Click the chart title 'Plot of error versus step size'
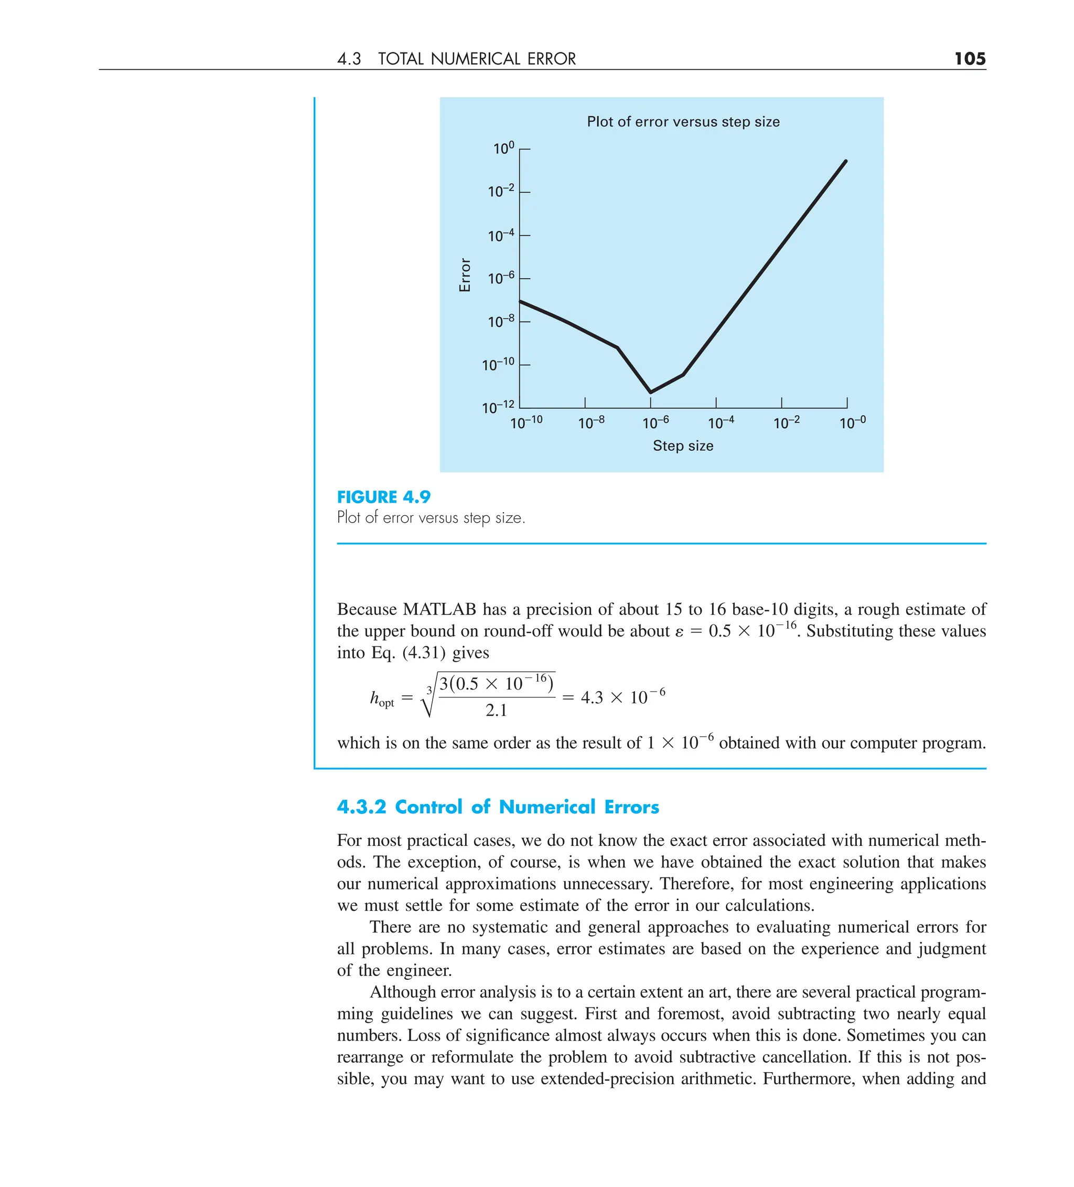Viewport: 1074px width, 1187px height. (x=683, y=122)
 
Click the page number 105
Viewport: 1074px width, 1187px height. (x=969, y=59)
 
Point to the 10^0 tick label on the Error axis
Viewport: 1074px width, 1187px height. (x=503, y=149)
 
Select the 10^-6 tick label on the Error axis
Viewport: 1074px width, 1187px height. (x=501, y=278)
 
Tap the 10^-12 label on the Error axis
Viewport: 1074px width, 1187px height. (x=498, y=407)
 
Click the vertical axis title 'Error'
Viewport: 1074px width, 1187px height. (x=465, y=275)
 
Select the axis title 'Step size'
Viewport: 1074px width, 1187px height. (x=683, y=446)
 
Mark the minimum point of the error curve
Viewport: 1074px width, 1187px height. (x=650, y=392)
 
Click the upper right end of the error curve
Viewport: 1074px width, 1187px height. (x=846, y=161)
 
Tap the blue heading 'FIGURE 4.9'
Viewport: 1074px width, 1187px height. (x=384, y=497)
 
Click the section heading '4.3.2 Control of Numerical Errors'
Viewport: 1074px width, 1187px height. (x=498, y=807)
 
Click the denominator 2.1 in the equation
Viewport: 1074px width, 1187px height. (x=496, y=711)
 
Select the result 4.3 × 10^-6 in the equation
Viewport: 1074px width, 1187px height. (x=622, y=697)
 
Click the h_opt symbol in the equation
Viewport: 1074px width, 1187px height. (x=381, y=699)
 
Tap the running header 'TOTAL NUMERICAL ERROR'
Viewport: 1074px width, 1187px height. (x=477, y=59)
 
